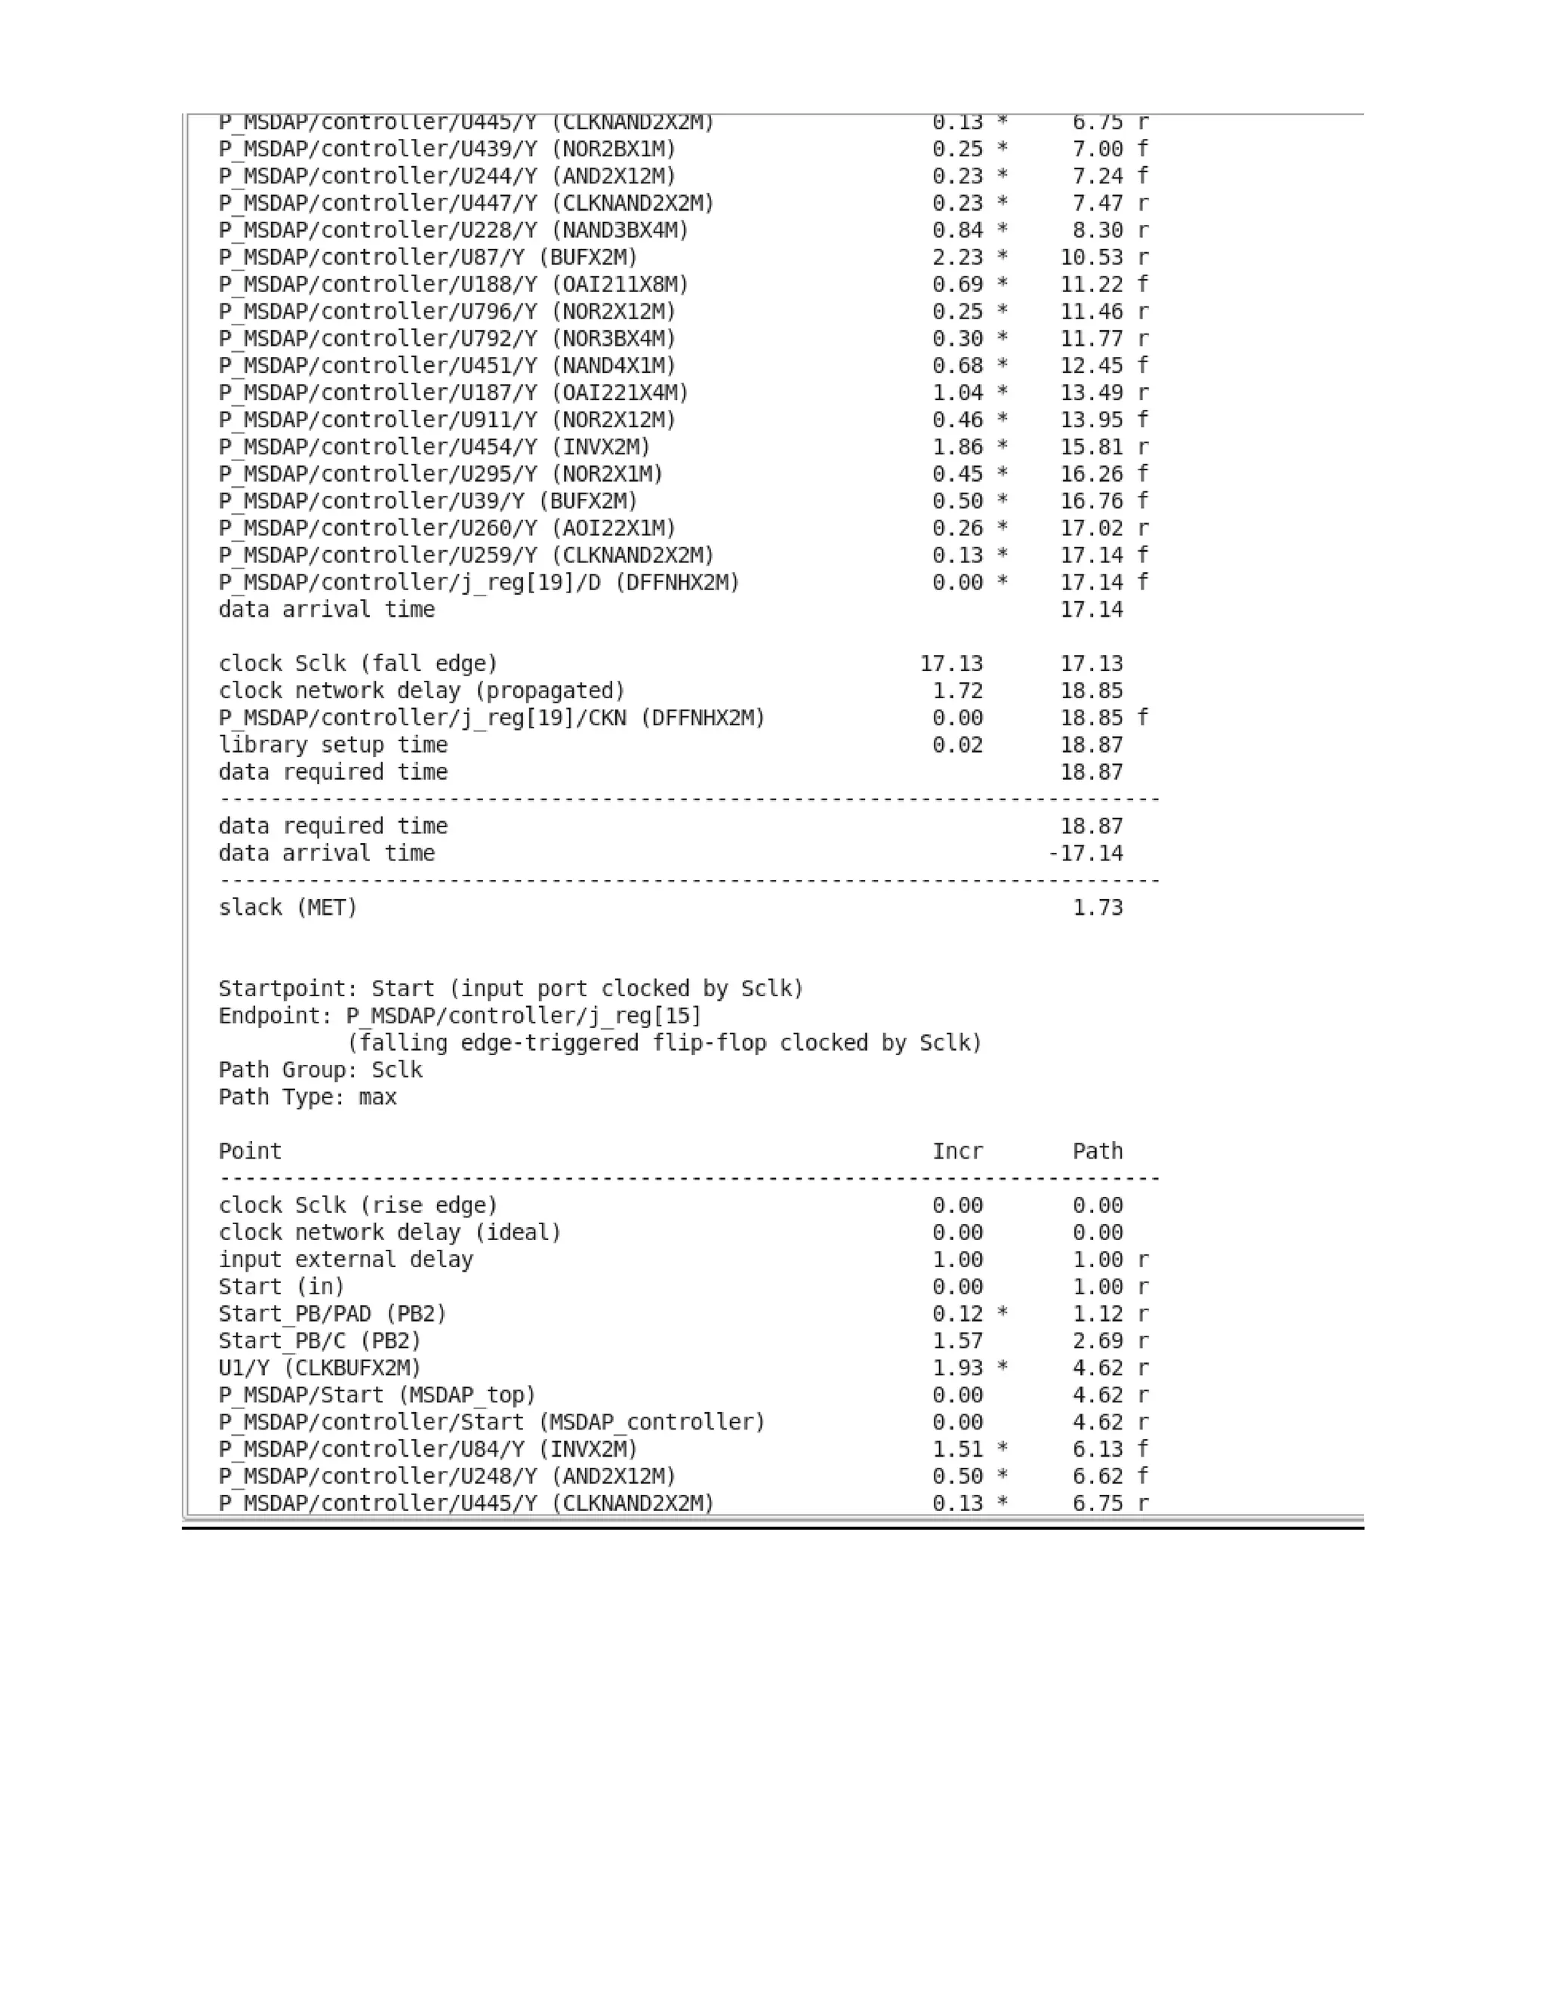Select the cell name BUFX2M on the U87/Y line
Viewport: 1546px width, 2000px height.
point(587,257)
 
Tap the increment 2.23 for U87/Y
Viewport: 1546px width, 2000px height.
point(957,257)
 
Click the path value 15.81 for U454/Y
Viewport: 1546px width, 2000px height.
point(1091,447)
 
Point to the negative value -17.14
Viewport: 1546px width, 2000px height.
point(1086,854)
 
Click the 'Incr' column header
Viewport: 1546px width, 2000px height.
point(957,1151)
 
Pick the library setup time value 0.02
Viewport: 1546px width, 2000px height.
point(957,746)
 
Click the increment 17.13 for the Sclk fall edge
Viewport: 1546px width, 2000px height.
point(950,664)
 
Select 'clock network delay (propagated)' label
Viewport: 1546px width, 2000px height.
point(421,691)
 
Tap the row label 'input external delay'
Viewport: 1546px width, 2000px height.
point(345,1260)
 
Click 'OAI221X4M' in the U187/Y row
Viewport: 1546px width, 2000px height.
point(619,393)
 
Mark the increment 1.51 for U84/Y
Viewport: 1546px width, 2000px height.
point(957,1450)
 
